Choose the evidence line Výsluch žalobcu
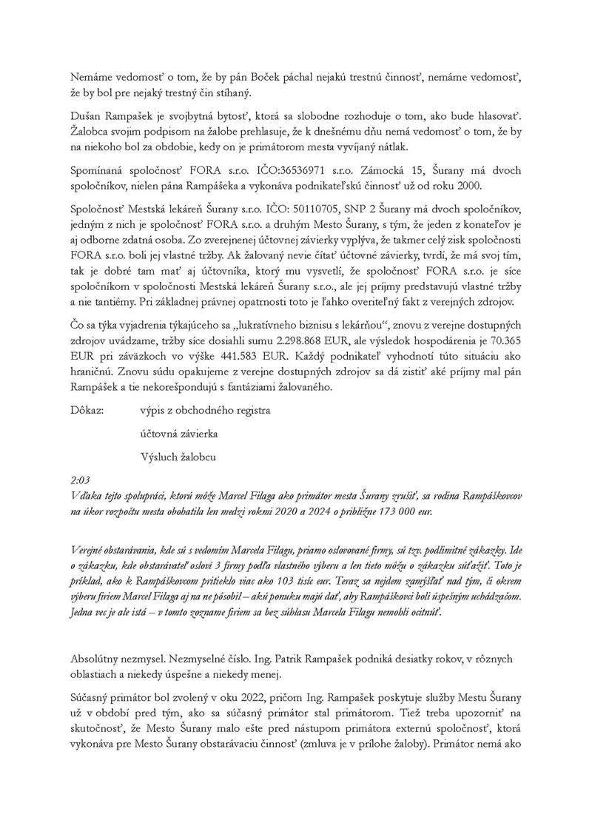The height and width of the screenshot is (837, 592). click(178, 457)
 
